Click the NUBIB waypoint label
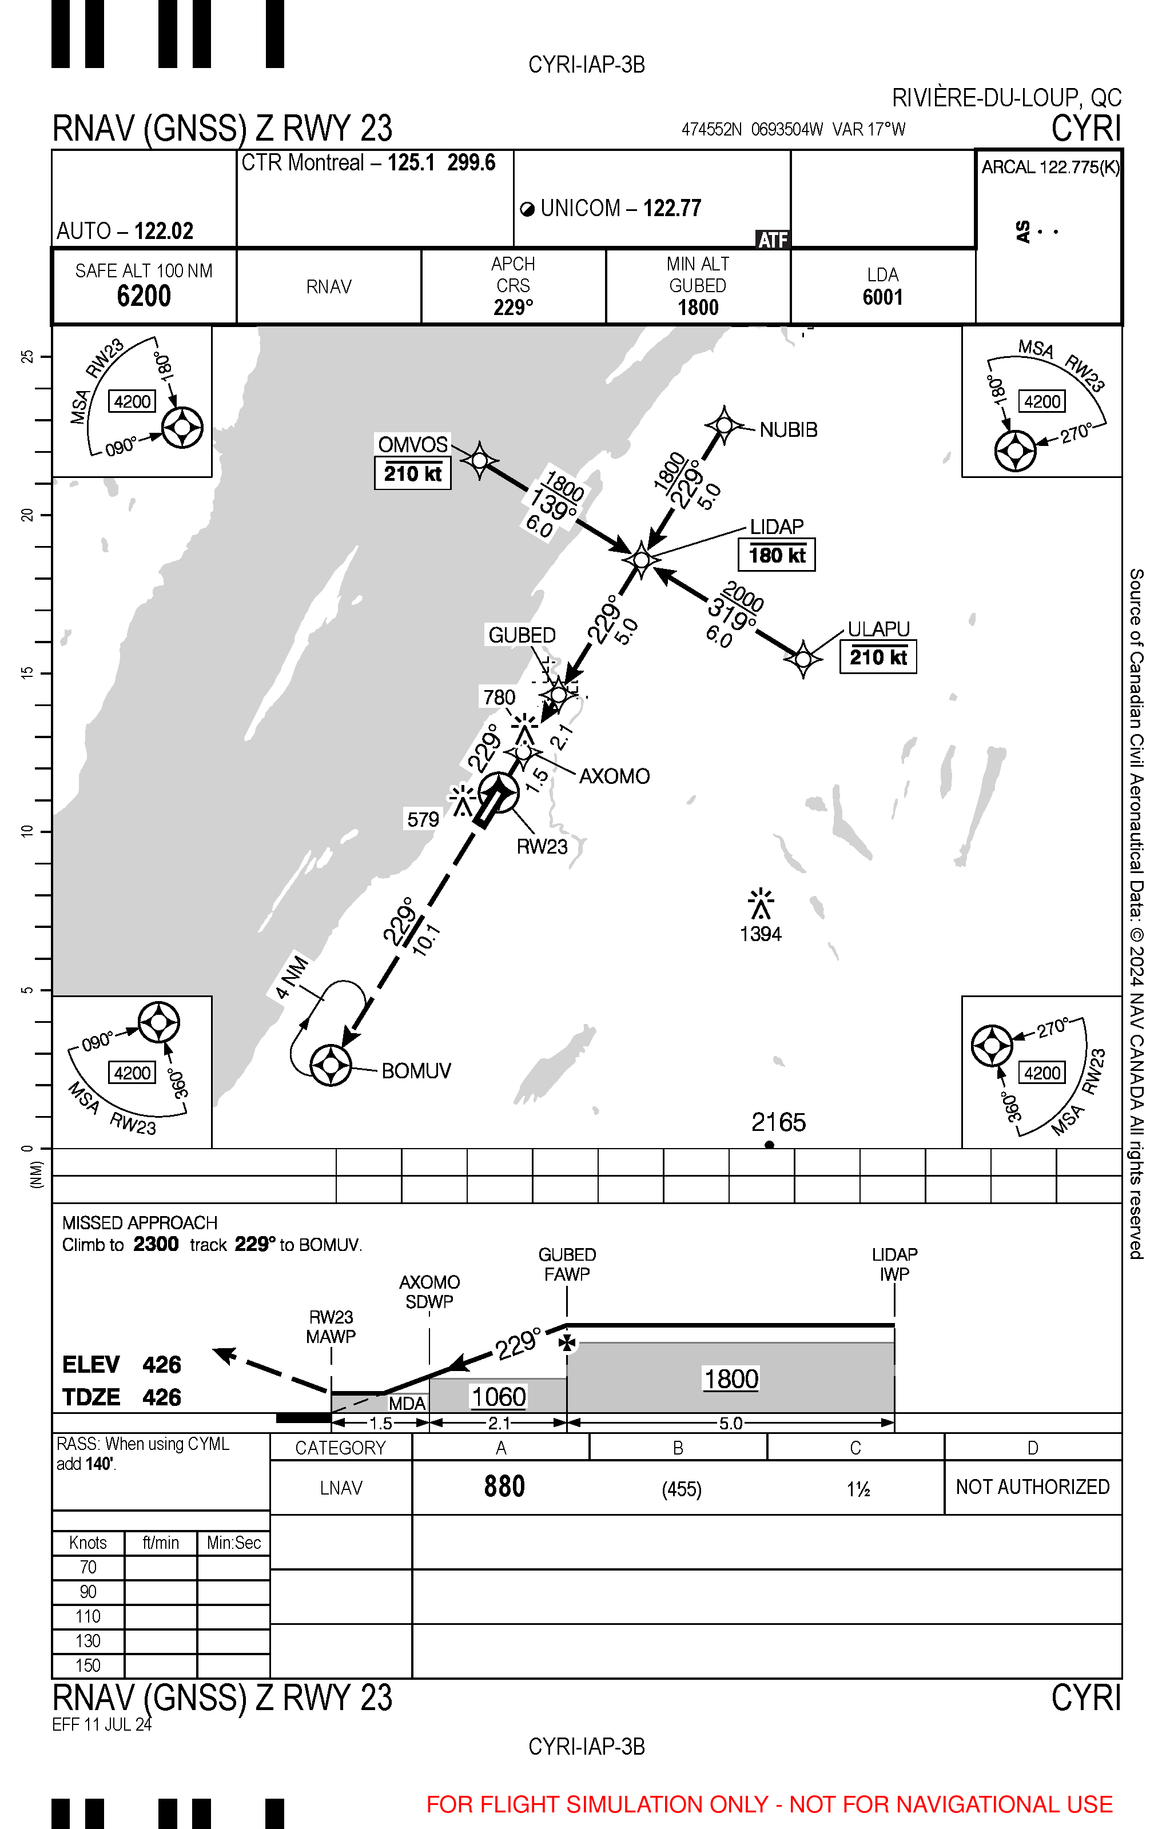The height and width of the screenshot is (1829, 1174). tap(788, 430)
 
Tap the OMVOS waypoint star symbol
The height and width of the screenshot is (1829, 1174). tap(480, 460)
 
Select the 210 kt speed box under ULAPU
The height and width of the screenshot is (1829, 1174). tap(878, 657)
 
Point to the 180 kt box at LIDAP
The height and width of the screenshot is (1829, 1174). tap(777, 555)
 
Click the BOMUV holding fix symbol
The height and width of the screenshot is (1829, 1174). tap(331, 1064)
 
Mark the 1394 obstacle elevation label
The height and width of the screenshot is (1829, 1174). tap(761, 934)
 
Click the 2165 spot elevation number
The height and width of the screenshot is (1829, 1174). tap(778, 1122)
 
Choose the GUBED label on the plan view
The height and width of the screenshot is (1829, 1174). tap(522, 635)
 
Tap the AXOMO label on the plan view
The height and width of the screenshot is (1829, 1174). tap(614, 776)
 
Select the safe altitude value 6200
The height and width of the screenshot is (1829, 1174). tap(144, 296)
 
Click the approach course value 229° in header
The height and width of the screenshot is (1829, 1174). tap(513, 307)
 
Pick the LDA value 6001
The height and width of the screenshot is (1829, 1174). tap(883, 297)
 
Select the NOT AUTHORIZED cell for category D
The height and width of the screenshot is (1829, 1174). tap(1032, 1487)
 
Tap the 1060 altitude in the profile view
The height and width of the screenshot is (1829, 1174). tap(499, 1397)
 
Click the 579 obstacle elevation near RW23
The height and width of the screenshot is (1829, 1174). tap(423, 819)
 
